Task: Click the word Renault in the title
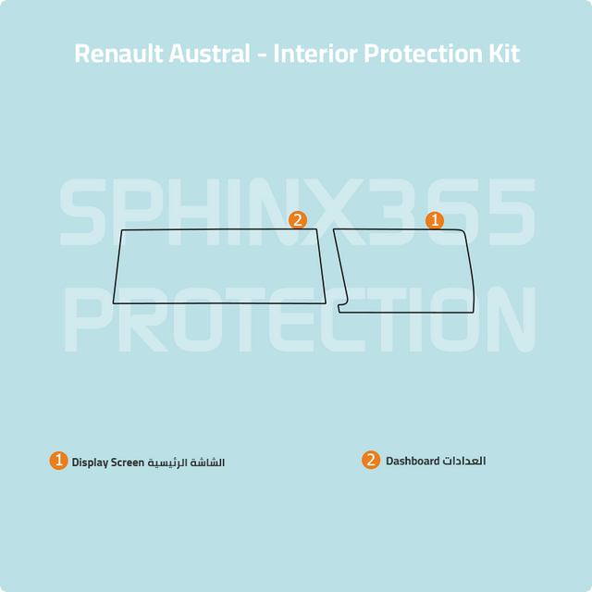pos(118,54)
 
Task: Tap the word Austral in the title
pos(210,54)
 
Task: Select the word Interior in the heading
pos(315,54)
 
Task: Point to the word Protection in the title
pos(423,54)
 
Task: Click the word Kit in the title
pos(504,54)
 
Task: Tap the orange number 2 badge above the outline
pos(298,220)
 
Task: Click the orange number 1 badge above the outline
pos(435,220)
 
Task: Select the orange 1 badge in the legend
pos(58,461)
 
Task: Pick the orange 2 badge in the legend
pos(371,460)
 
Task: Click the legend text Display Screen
pos(108,462)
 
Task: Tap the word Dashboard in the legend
pos(413,461)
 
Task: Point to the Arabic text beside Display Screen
pos(186,462)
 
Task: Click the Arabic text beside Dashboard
pos(464,461)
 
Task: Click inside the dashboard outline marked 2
pos(219,266)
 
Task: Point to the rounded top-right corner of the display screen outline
pos(462,231)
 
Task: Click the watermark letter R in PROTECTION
pos(143,319)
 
